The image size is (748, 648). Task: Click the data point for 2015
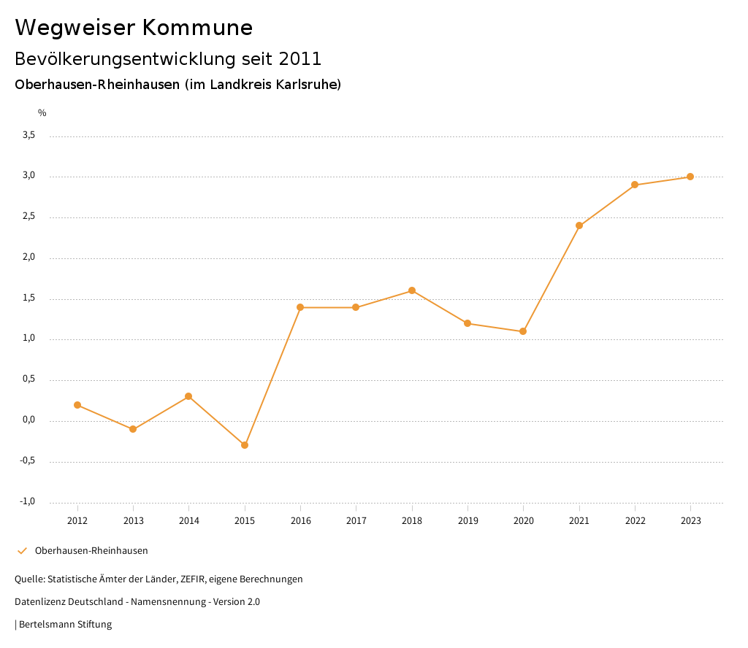245,445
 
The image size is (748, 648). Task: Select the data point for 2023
690,177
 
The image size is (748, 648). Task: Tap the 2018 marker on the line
412,290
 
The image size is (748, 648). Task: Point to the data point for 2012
77,405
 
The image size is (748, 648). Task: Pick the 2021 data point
579,225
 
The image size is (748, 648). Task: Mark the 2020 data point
523,331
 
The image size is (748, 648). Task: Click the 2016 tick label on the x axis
300,521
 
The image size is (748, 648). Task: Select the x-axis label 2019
467,521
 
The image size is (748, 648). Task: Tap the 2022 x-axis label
635,521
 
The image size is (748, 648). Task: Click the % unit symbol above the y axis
42,113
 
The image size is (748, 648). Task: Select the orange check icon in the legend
22,551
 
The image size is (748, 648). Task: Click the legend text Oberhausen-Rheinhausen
91,551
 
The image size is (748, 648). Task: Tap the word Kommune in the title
197,28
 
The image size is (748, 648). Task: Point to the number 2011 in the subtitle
299,58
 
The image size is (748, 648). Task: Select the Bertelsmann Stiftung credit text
65,625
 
